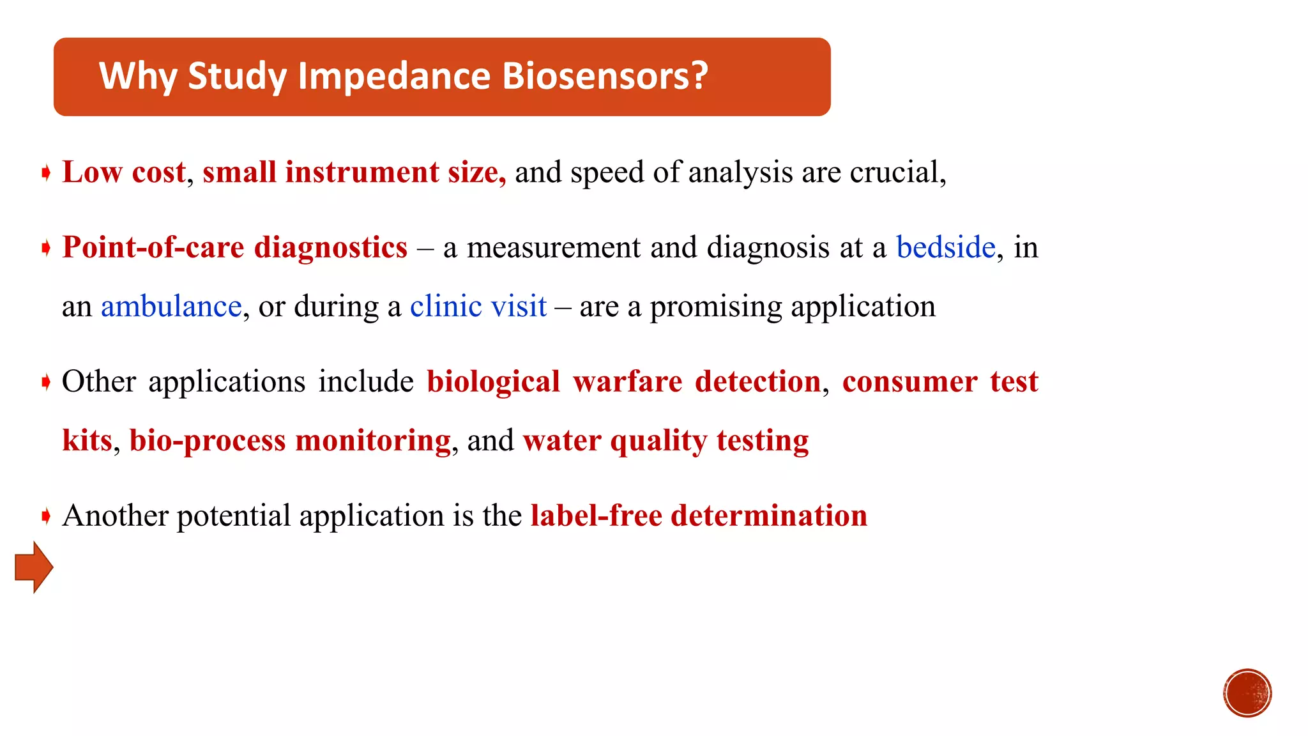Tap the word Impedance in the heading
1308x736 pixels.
coord(394,76)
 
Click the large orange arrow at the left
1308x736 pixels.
coord(34,567)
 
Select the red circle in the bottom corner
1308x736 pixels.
coord(1247,693)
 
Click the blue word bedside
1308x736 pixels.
coord(945,247)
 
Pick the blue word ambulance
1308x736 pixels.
coord(171,307)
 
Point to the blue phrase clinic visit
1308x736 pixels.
coord(478,307)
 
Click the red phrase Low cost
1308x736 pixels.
coord(124,172)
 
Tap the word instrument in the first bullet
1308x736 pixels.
coord(361,172)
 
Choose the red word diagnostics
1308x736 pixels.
coord(330,247)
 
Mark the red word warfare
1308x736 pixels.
coord(627,382)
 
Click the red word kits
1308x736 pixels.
coord(87,441)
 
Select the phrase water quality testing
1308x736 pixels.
coord(665,441)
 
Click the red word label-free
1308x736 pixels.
coord(596,516)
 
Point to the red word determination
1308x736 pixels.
coord(768,516)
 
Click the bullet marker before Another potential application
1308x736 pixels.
coord(46,516)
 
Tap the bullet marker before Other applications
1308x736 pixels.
coord(46,382)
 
